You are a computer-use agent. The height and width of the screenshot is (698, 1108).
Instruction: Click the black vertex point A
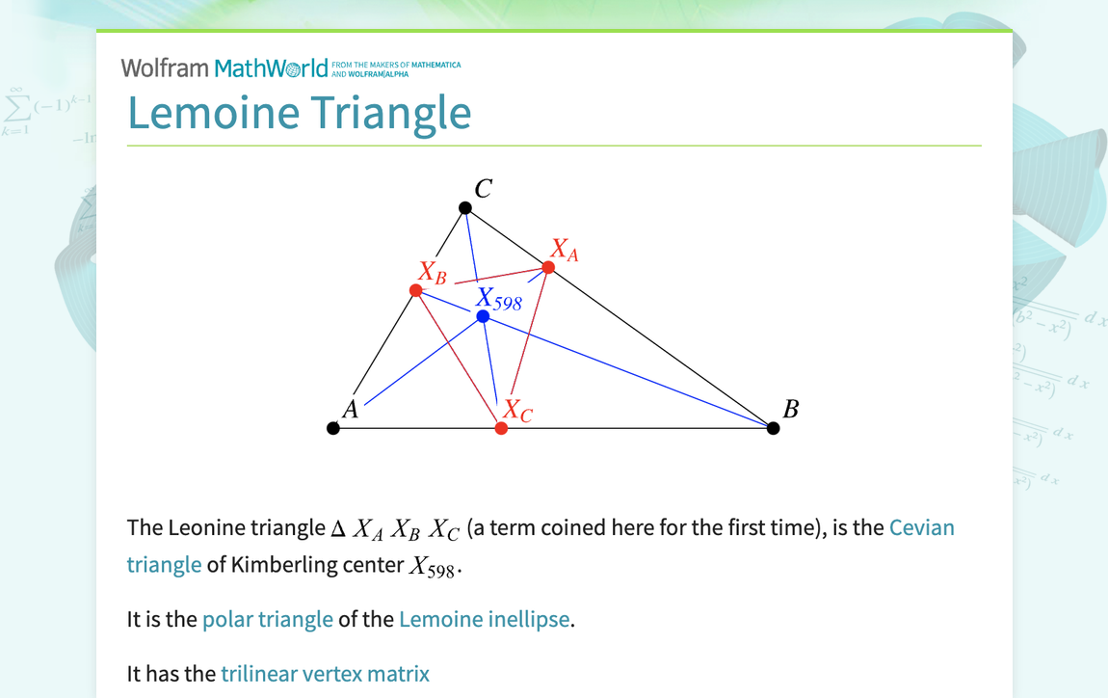click(x=333, y=428)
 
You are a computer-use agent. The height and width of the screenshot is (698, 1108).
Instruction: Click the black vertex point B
click(x=773, y=428)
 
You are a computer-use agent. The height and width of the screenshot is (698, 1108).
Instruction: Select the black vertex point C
click(x=465, y=208)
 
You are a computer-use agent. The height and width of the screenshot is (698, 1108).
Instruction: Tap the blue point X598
click(x=483, y=316)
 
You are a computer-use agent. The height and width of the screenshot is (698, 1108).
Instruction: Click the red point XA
click(x=548, y=267)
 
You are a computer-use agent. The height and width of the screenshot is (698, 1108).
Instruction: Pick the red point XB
click(x=416, y=290)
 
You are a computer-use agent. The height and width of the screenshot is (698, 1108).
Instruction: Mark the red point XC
click(x=501, y=428)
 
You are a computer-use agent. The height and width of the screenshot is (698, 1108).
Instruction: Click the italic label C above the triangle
click(x=484, y=189)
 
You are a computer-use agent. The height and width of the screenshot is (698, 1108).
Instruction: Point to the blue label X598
click(x=499, y=300)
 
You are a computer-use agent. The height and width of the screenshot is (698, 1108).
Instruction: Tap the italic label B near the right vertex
click(x=791, y=409)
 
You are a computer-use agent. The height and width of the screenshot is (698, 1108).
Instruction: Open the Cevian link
click(x=921, y=527)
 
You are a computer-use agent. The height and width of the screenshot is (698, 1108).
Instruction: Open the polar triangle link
click(x=267, y=619)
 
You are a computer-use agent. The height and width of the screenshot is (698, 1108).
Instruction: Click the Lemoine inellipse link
click(x=484, y=619)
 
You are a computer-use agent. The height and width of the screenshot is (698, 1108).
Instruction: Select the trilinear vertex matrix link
click(x=325, y=673)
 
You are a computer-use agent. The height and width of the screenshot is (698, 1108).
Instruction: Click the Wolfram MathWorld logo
click(x=224, y=67)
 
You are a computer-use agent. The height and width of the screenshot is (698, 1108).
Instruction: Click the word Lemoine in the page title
click(x=214, y=113)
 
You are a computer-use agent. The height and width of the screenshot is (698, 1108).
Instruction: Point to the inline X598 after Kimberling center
click(x=433, y=566)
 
